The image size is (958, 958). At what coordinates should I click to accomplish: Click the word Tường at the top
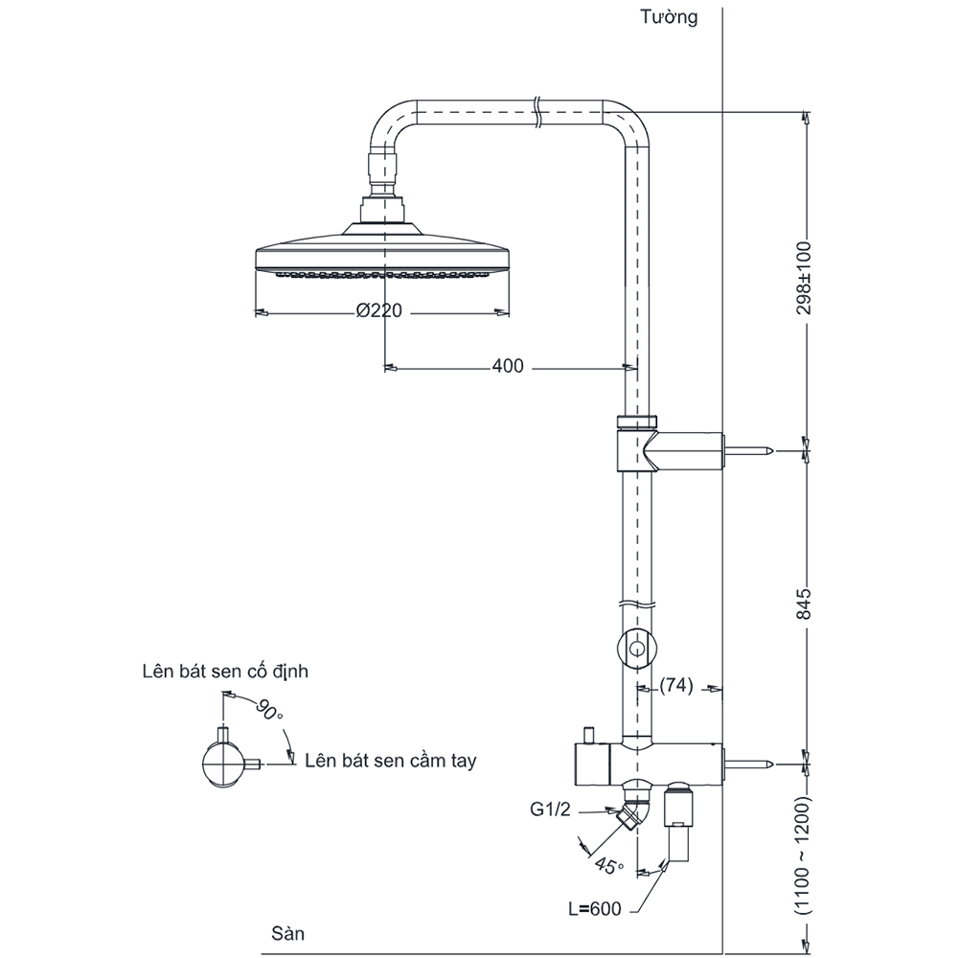click(671, 16)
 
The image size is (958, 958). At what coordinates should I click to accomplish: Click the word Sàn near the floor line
click(287, 931)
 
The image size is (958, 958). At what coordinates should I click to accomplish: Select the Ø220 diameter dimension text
click(378, 311)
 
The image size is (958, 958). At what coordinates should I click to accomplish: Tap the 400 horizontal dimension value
click(508, 366)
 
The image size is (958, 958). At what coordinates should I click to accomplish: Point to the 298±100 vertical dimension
click(805, 278)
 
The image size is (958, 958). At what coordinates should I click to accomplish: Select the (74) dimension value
click(677, 687)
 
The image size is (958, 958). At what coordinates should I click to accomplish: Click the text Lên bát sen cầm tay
click(391, 761)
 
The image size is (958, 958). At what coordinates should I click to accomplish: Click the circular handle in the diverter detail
click(223, 765)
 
